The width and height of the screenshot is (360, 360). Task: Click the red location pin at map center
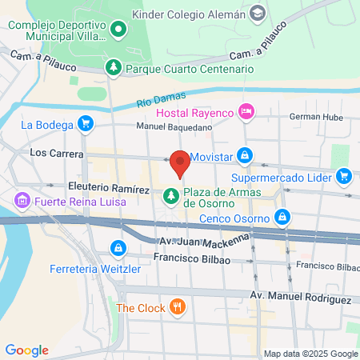(x=181, y=163)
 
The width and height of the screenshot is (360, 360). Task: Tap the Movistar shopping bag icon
(x=246, y=155)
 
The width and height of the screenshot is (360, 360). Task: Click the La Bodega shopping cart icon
(x=85, y=124)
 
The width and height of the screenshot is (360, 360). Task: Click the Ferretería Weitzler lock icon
(x=118, y=248)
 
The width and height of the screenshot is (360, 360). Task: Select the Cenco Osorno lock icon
(x=282, y=216)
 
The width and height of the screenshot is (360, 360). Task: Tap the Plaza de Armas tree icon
(x=170, y=195)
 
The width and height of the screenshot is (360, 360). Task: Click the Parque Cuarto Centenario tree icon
(x=114, y=68)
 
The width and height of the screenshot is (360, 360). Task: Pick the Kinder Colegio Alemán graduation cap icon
(x=258, y=13)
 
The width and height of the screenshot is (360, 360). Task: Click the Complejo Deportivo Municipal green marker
(x=118, y=30)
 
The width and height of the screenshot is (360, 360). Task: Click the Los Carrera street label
(x=51, y=152)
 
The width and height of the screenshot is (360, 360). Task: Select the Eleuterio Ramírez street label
(x=110, y=188)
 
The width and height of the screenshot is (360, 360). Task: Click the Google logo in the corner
(x=27, y=350)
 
